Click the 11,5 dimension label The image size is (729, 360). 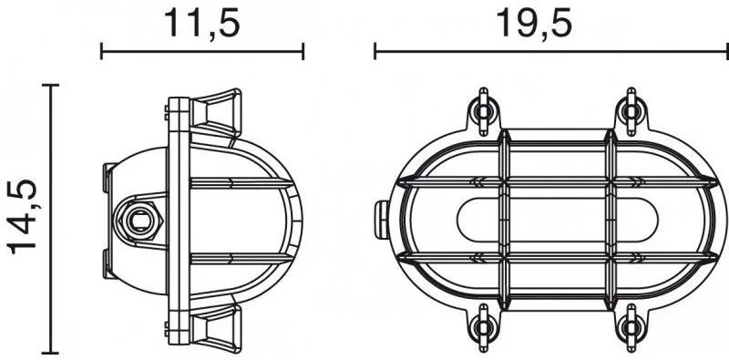click(202, 24)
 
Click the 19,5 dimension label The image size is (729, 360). click(534, 24)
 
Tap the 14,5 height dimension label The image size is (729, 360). click(22, 217)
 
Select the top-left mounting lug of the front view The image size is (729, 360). click(484, 110)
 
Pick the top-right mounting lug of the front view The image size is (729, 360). click(631, 110)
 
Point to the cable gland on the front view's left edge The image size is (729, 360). click(382, 220)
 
